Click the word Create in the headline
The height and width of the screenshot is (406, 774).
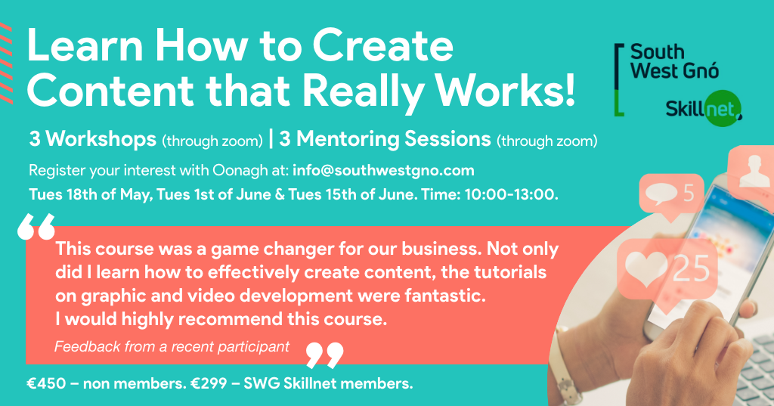[x=382, y=45]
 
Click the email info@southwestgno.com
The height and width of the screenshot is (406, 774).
[x=383, y=170]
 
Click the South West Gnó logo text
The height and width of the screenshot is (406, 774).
[x=674, y=61]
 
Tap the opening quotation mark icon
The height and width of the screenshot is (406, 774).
[x=36, y=227]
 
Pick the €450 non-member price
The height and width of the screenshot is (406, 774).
[x=46, y=383]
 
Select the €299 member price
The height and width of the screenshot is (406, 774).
[x=209, y=383]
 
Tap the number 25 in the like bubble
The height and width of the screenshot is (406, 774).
[x=691, y=269]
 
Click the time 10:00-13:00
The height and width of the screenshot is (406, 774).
[x=510, y=194]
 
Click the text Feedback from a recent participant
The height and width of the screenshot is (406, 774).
[x=172, y=347]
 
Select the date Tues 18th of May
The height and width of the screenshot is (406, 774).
[x=89, y=194]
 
